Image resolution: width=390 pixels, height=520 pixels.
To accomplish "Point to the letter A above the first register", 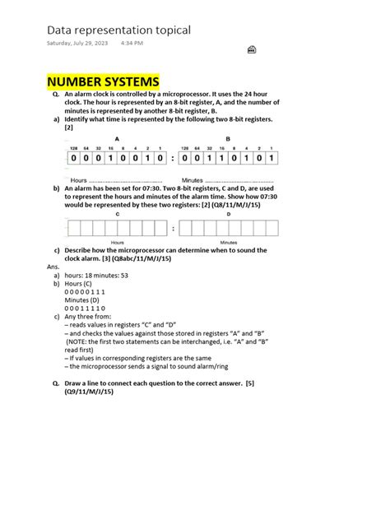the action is pyautogui.click(x=117, y=139).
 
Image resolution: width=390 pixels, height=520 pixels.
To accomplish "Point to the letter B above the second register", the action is pyautogui.click(x=228, y=139).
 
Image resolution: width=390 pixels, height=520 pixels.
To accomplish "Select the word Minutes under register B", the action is pyautogui.click(x=193, y=179).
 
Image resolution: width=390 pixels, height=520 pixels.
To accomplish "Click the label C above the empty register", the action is pyautogui.click(x=117, y=213).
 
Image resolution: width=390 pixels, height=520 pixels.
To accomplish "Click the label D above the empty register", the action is pyautogui.click(x=229, y=213).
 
